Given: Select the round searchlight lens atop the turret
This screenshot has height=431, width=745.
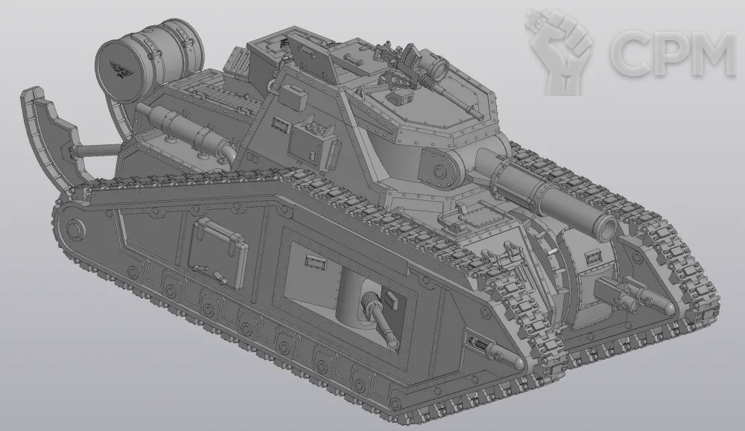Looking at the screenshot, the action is pyautogui.click(x=439, y=68).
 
